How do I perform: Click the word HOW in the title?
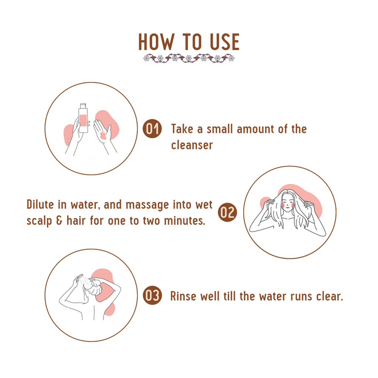[156, 42]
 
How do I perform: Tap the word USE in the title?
[225, 42]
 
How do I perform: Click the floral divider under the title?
[189, 58]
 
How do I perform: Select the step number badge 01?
[152, 128]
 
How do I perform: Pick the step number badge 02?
[227, 212]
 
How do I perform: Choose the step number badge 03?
[152, 295]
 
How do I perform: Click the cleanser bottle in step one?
[83, 118]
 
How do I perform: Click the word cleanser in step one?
[192, 145]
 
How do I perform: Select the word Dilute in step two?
[40, 205]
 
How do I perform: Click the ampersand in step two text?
[59, 221]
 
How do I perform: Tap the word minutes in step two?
[185, 221]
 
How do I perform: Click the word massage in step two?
[147, 205]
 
